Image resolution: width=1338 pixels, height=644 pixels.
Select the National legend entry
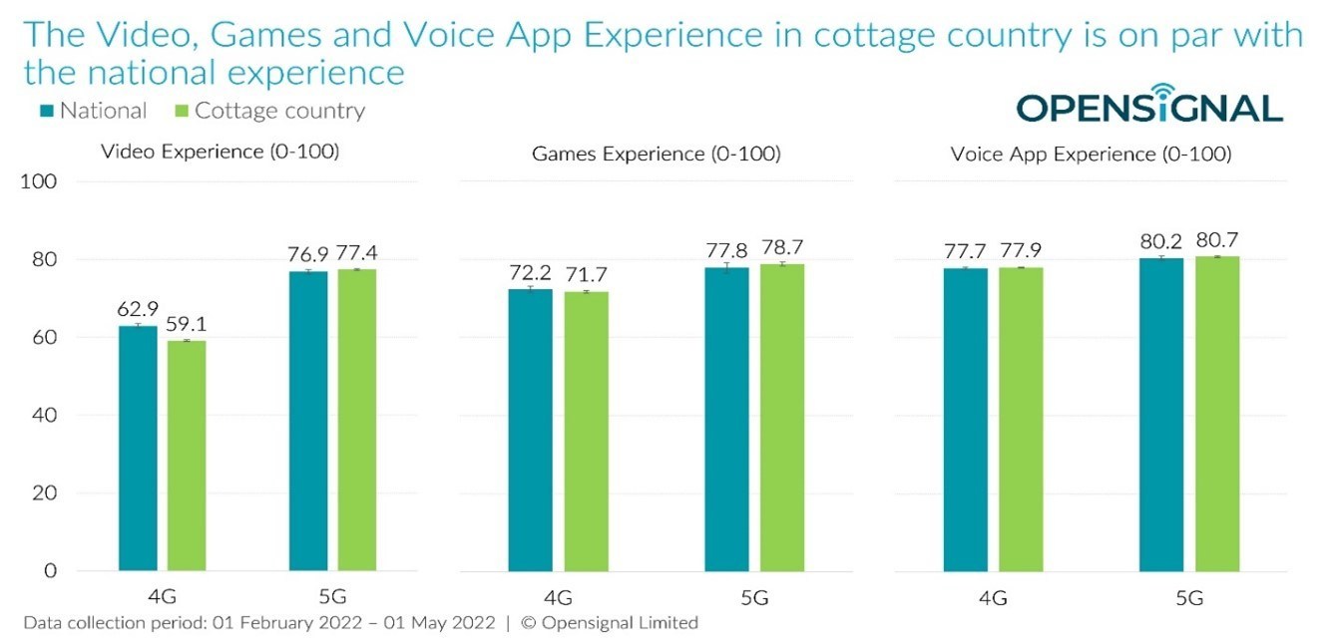click(x=92, y=111)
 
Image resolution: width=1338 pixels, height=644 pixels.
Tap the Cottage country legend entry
click(x=268, y=111)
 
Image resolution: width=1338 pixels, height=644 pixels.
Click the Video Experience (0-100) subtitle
click(x=221, y=153)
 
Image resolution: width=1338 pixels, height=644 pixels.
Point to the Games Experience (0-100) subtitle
click(x=656, y=154)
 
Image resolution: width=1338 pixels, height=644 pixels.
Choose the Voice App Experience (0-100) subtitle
click(x=1091, y=155)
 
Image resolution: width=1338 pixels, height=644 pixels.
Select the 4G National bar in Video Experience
click(x=138, y=448)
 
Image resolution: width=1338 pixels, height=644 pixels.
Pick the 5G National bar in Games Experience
click(x=725, y=419)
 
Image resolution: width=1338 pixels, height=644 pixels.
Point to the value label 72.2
click(x=530, y=272)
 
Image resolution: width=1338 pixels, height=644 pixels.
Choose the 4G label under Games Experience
click(x=557, y=599)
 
